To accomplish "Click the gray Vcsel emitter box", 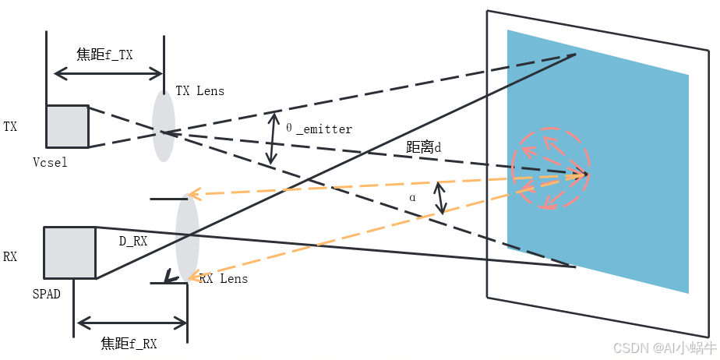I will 67,126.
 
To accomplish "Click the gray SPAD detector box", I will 70,252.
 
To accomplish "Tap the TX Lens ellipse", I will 163,125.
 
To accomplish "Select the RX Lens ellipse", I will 187,237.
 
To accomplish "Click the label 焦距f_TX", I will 104,55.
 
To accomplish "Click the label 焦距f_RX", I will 129,344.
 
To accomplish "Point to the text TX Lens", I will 199,91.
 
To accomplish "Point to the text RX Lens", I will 224,278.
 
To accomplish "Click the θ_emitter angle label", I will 319,129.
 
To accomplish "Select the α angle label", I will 412,198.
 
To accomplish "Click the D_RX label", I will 133,242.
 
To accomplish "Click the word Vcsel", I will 50,162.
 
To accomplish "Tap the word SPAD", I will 46,295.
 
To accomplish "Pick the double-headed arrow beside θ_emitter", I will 272,139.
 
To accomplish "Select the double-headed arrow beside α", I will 442,198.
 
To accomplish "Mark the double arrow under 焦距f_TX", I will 108,74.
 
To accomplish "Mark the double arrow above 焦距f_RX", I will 131,323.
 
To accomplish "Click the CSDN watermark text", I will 664,348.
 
